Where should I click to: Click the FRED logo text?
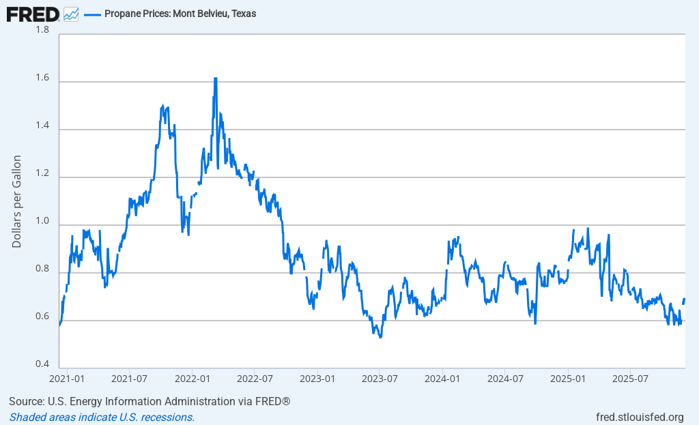click(x=33, y=13)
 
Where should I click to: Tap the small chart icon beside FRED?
click(x=71, y=14)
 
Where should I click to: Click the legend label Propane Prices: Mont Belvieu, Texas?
click(x=180, y=14)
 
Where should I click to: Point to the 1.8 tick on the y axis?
click(x=42, y=30)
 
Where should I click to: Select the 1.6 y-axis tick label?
click(x=42, y=78)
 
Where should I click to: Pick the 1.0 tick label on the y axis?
click(x=42, y=221)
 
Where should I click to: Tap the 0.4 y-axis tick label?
click(x=42, y=364)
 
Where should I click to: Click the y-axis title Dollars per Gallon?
click(x=17, y=201)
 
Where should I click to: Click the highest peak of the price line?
click(x=215, y=78)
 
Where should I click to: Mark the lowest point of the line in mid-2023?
click(x=380, y=337)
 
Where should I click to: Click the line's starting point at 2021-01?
click(x=60, y=325)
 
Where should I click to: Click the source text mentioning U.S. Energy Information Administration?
click(x=149, y=401)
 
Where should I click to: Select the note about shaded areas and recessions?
click(x=102, y=417)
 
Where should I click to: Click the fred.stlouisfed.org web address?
click(x=639, y=417)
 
